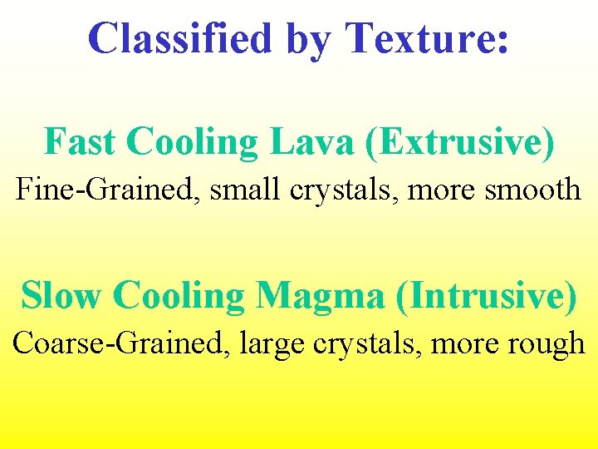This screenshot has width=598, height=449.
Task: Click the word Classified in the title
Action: [x=181, y=38]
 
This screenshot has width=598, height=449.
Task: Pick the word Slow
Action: [x=61, y=295]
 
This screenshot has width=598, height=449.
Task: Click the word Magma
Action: [x=321, y=297]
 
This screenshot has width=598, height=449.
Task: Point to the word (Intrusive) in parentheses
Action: [x=485, y=297]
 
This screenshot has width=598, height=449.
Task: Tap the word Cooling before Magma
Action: [x=178, y=297]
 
